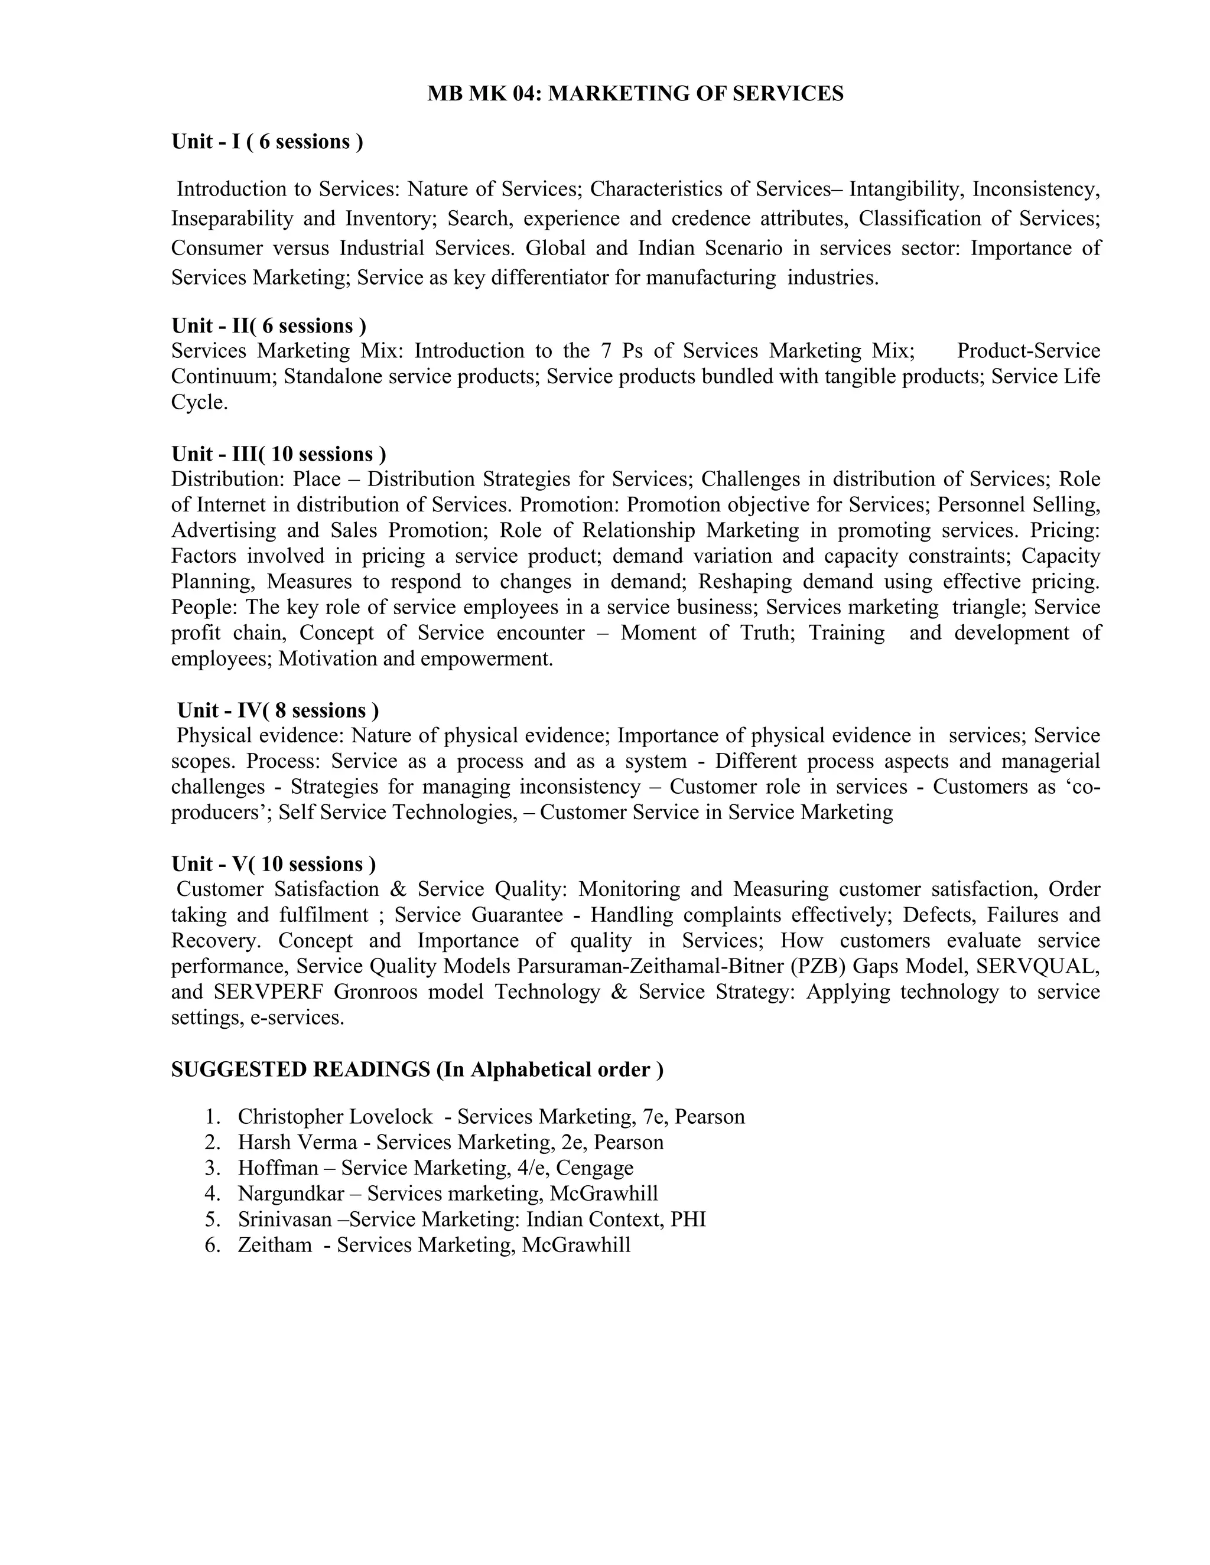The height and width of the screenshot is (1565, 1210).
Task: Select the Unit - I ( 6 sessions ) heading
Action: pos(266,142)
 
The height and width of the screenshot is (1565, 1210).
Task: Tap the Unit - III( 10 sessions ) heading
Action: pos(278,454)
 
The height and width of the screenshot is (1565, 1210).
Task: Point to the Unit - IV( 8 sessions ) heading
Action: pos(278,710)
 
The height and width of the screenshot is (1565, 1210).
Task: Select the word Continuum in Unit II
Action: pos(224,376)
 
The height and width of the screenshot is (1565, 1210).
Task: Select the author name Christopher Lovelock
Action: pos(335,1116)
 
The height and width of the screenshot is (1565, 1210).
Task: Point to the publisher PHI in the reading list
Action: pos(688,1219)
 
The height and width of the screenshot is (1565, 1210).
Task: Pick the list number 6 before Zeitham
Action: pos(212,1245)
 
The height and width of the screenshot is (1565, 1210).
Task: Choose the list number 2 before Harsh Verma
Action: pos(212,1142)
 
